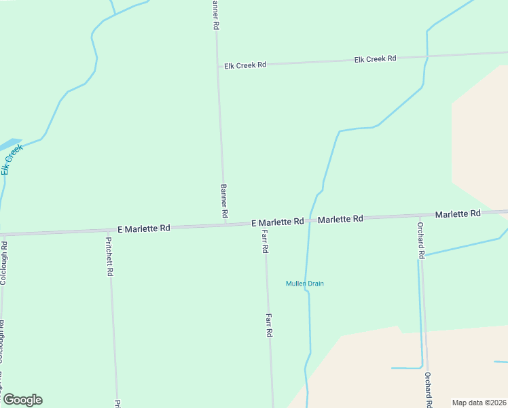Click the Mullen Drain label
(x=304, y=284)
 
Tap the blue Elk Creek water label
(x=12, y=158)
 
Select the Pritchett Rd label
(x=109, y=256)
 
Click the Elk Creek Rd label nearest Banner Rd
(x=245, y=65)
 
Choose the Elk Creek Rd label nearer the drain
(x=375, y=59)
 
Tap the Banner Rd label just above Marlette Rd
(x=223, y=201)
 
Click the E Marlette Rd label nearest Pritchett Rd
(x=143, y=228)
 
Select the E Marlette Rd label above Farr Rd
(x=277, y=222)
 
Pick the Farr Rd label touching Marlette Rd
(x=265, y=242)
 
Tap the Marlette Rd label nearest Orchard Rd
(x=458, y=214)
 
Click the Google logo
(x=22, y=400)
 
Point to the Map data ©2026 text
(x=479, y=403)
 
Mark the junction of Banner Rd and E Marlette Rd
(x=225, y=224)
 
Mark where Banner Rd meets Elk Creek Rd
(x=217, y=65)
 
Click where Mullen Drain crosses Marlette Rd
(x=309, y=220)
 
